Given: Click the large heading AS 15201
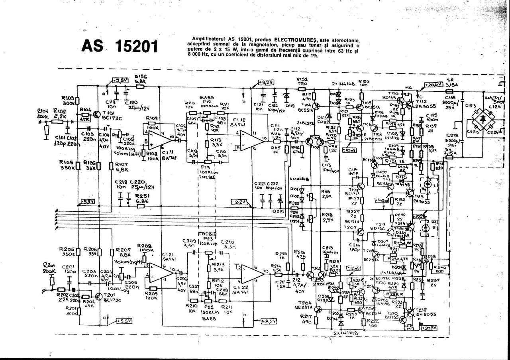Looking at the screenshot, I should point(120,46).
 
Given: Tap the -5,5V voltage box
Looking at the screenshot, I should point(87,201).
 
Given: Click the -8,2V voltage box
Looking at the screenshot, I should point(239,202).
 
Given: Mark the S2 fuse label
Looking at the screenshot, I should point(451,80).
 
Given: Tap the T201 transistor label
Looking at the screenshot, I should point(109,295).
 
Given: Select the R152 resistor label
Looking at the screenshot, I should point(302,79).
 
